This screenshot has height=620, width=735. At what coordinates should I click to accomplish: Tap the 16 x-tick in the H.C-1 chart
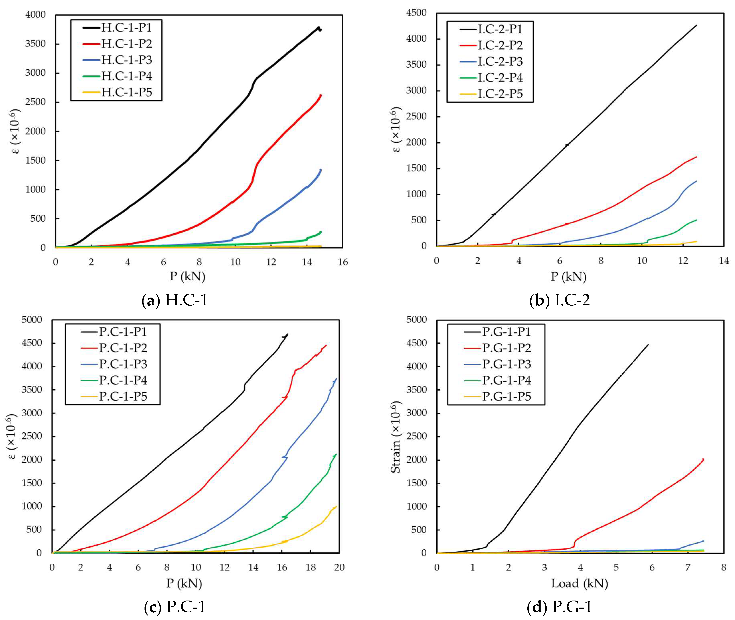pyautogui.click(x=343, y=262)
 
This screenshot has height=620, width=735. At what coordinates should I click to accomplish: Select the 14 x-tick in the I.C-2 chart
pyautogui.click(x=724, y=260)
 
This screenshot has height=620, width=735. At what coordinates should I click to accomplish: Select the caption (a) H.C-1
pyautogui.click(x=175, y=301)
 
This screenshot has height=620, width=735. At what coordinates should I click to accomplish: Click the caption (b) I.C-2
pyautogui.click(x=559, y=301)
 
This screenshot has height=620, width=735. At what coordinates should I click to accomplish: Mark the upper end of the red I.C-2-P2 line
pyautogui.click(x=696, y=157)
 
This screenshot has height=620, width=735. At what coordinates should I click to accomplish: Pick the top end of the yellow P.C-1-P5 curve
pyautogui.click(x=336, y=507)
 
